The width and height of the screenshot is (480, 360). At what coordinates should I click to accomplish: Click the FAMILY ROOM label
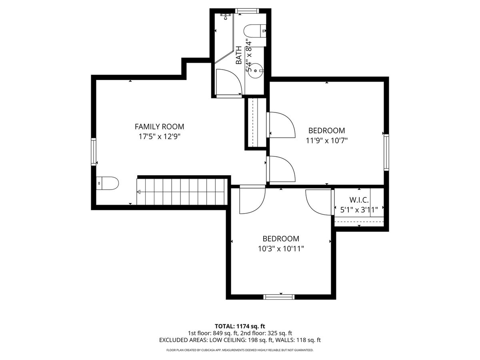(159, 126)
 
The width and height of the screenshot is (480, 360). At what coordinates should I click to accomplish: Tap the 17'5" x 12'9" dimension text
(159, 137)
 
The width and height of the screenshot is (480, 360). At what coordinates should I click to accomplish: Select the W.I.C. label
(359, 200)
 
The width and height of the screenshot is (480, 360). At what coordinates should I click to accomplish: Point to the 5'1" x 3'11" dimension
(359, 210)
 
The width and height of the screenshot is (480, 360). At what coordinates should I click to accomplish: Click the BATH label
(239, 55)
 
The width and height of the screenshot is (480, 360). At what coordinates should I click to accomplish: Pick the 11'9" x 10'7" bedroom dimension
(327, 140)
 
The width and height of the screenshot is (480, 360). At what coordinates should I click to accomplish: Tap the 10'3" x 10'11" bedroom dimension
(281, 249)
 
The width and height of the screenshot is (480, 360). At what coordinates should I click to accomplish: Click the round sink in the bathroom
(256, 71)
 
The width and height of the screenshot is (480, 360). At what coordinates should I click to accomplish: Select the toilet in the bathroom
(254, 31)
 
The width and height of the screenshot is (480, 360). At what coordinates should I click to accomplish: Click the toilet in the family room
(107, 183)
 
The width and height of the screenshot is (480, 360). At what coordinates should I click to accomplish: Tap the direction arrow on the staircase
(139, 192)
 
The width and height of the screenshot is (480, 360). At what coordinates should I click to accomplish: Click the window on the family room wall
(94, 152)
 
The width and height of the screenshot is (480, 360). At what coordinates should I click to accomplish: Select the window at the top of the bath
(247, 11)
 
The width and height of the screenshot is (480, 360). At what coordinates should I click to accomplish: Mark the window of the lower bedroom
(279, 297)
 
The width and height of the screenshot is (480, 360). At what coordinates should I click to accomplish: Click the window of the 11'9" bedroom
(386, 152)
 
